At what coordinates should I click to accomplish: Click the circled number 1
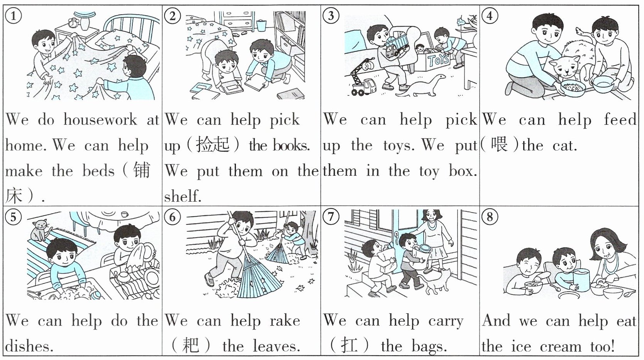[x=14, y=16]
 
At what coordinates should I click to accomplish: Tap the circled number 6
[x=172, y=217]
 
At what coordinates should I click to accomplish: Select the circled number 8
[x=490, y=217]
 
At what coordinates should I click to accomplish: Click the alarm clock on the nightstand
[x=73, y=22]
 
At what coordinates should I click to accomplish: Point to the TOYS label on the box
[x=439, y=60]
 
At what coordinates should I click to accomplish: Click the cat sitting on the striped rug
[x=41, y=230]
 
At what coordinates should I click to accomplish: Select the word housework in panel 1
[x=100, y=120]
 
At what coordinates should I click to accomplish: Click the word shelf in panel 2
[x=183, y=196]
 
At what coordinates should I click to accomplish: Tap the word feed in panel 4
[x=620, y=119]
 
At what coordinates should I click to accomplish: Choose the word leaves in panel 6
[x=276, y=346]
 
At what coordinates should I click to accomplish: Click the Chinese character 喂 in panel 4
[x=499, y=145]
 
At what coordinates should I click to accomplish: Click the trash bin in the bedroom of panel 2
[x=261, y=25]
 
